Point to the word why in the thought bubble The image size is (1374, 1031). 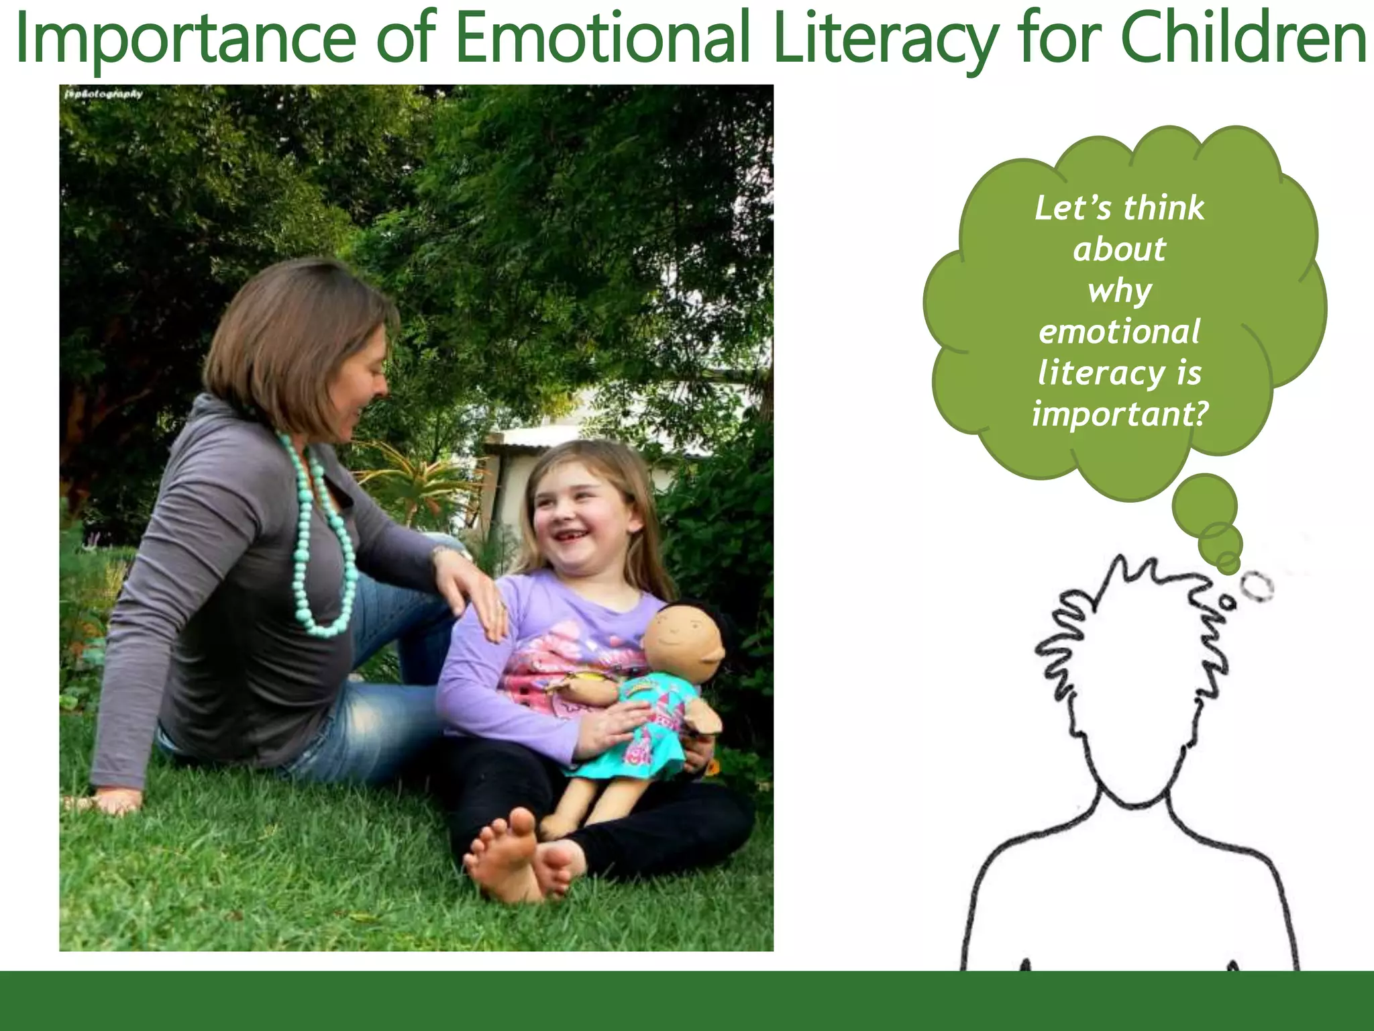point(1119,291)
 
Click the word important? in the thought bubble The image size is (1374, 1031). point(1120,414)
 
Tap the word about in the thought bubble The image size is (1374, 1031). point(1119,250)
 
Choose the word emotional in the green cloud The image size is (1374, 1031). point(1119,332)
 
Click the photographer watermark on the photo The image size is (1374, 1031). point(104,94)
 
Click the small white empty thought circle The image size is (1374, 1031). point(1256,587)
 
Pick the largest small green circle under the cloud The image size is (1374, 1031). point(1204,505)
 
